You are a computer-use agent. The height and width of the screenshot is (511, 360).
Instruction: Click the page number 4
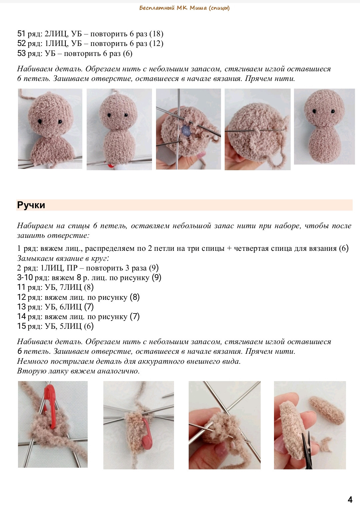tap(350, 500)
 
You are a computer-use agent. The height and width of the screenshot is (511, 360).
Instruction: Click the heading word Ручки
tap(31, 205)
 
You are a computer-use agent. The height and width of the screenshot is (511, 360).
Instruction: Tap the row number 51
tap(21, 34)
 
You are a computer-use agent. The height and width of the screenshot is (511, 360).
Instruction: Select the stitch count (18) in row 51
tap(156, 34)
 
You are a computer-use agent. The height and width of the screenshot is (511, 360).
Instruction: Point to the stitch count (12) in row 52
tap(156, 43)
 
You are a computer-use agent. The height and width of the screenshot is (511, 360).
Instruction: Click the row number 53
tap(21, 53)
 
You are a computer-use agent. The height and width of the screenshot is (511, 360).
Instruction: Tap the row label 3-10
tap(25, 277)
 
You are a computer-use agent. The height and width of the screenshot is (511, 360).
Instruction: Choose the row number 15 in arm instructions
tap(21, 326)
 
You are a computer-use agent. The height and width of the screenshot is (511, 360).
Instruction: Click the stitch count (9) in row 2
tap(154, 268)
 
